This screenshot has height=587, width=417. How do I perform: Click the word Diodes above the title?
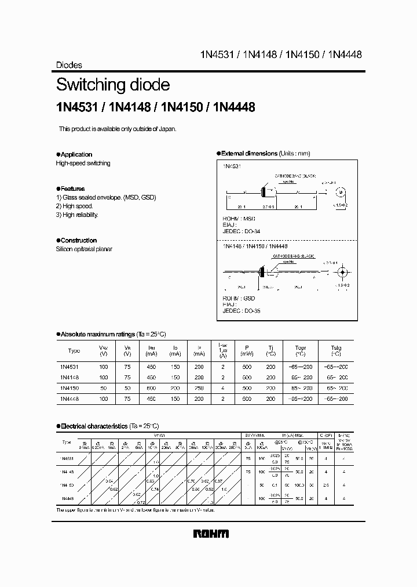coord(69,66)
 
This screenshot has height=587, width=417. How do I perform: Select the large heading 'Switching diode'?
coord(113,85)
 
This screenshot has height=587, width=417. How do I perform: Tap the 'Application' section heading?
coord(76,154)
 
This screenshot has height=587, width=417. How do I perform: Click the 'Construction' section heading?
coord(78,240)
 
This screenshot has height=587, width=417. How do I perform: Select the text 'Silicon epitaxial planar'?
coord(84,249)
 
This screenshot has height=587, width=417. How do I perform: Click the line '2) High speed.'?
coord(75,206)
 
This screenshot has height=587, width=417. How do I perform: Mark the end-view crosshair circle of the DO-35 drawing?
coord(342,272)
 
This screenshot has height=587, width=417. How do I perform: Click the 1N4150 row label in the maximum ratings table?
coord(70,387)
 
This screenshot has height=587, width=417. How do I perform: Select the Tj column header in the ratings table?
coord(270,350)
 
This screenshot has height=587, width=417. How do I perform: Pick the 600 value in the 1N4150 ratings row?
coord(152,387)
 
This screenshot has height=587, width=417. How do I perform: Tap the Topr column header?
coord(300,350)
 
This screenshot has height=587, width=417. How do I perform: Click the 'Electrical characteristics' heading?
coord(94,426)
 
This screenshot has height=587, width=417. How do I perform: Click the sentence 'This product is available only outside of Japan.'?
coord(118,129)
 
